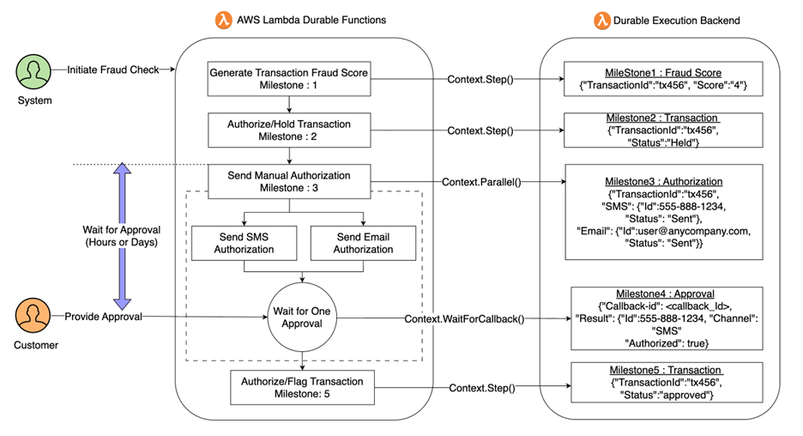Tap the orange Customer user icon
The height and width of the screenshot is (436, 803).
click(x=31, y=318)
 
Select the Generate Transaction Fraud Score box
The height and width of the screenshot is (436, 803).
click(x=289, y=79)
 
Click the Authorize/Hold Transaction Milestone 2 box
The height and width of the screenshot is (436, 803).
click(x=289, y=130)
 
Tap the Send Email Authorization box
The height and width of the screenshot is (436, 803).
click(x=363, y=243)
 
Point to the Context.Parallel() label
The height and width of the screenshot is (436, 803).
click(x=481, y=182)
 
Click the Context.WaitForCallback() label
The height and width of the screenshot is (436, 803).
click(x=463, y=318)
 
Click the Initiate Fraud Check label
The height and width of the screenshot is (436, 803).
click(x=113, y=70)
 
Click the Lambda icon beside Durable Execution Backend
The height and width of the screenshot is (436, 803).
click(x=602, y=20)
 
